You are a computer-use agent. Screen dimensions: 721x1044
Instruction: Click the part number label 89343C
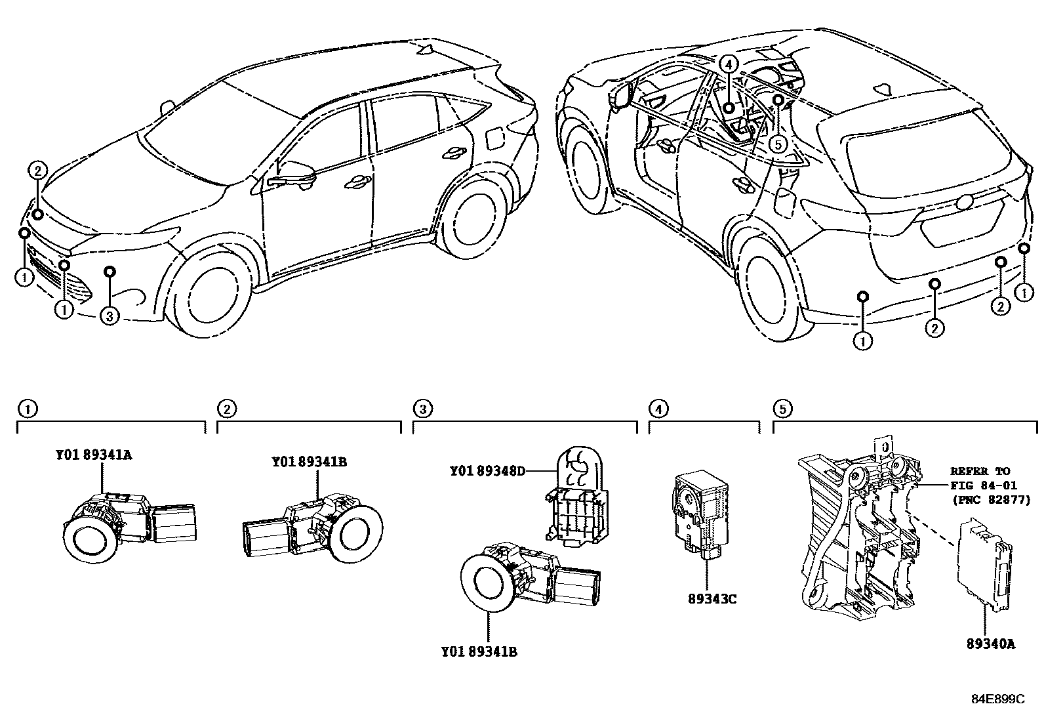pyautogui.click(x=712, y=599)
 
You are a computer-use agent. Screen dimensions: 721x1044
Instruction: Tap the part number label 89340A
pyautogui.click(x=990, y=644)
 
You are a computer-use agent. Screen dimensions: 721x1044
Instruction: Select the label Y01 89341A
pyautogui.click(x=94, y=455)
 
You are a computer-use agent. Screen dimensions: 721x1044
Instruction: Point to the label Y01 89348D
pyautogui.click(x=487, y=471)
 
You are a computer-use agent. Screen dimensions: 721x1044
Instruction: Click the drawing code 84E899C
pyautogui.click(x=997, y=699)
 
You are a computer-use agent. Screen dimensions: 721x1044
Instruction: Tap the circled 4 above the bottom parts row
pyautogui.click(x=658, y=409)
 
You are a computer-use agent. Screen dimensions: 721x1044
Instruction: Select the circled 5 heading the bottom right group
pyautogui.click(x=782, y=409)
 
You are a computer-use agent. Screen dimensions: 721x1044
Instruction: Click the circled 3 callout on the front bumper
pyautogui.click(x=110, y=316)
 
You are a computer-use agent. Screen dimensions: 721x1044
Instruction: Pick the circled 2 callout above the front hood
pyautogui.click(x=37, y=171)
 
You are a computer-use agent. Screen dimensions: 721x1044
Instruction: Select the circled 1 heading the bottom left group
pyautogui.click(x=26, y=409)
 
